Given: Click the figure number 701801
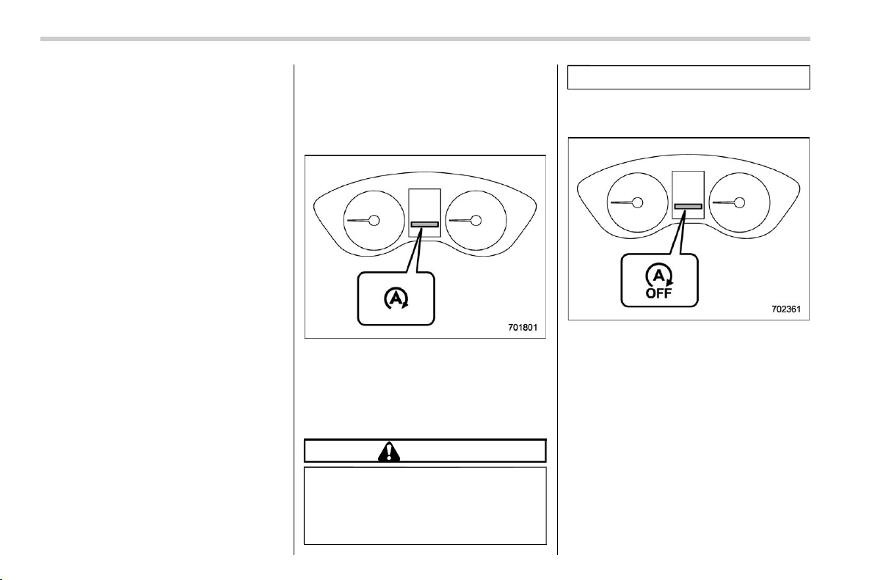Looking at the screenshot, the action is tap(522, 328).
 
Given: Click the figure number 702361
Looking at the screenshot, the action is tap(786, 309).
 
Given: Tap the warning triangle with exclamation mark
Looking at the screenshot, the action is tap(389, 452).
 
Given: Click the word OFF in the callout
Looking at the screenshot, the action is tap(658, 293).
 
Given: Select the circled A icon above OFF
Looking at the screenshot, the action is tap(659, 276).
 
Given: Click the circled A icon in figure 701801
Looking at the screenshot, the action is tap(396, 299).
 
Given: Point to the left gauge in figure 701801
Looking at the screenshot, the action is tap(374, 221).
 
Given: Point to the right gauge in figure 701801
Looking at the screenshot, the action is tap(476, 221).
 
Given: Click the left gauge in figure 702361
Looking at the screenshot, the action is tap(637, 202).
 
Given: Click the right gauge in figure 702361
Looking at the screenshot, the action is tap(739, 202).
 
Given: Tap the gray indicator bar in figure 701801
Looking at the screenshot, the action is tap(424, 224).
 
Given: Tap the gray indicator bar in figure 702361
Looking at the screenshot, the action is tap(688, 206).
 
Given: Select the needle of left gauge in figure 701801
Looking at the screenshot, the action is tap(358, 221).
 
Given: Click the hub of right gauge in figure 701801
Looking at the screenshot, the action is tap(476, 221).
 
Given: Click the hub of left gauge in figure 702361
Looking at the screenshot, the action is tap(638, 202).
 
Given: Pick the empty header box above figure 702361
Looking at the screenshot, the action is tap(688, 77).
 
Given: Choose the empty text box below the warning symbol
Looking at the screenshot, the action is tap(425, 505).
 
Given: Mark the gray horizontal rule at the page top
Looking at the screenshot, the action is tap(425, 39).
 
